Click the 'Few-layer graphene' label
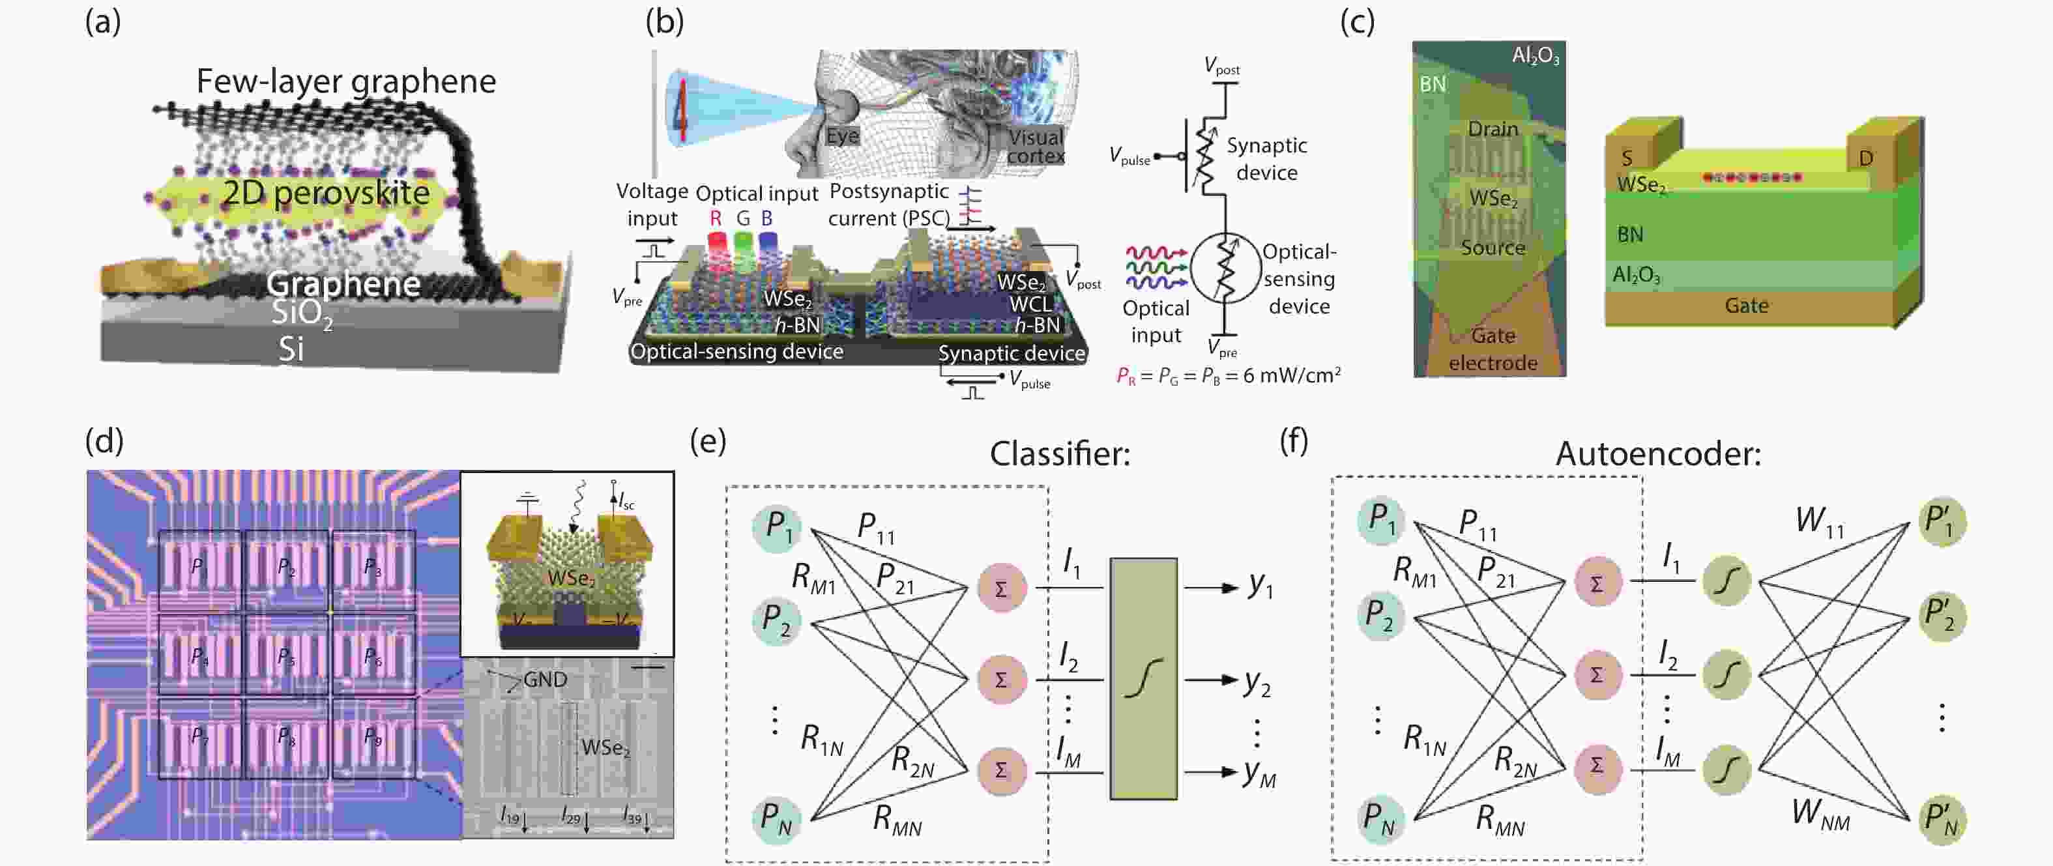point(346,81)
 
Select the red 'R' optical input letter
point(715,218)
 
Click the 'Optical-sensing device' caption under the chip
point(736,351)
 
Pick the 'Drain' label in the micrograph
point(1492,128)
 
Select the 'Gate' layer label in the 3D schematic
point(1746,306)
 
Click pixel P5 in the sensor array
point(285,656)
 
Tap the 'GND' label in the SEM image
point(545,680)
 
